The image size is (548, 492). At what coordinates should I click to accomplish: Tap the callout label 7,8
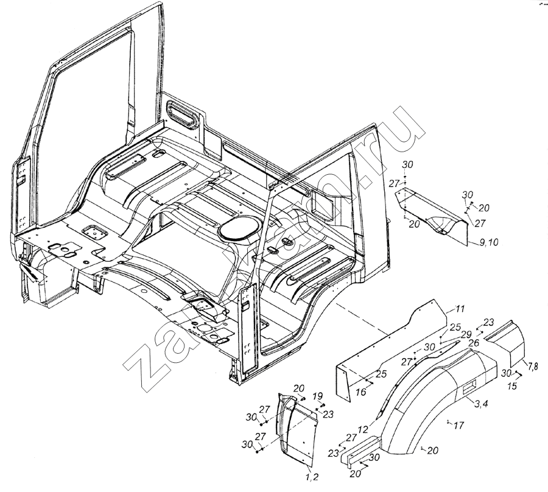(x=532, y=365)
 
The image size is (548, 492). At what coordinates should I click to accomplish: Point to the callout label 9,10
(x=489, y=242)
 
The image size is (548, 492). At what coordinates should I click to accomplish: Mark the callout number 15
(x=512, y=385)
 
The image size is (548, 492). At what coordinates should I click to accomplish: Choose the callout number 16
(x=361, y=392)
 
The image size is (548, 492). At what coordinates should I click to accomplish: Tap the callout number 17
(x=458, y=425)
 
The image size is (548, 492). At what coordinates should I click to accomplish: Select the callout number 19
(x=317, y=396)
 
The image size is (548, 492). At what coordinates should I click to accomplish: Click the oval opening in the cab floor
(x=238, y=228)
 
